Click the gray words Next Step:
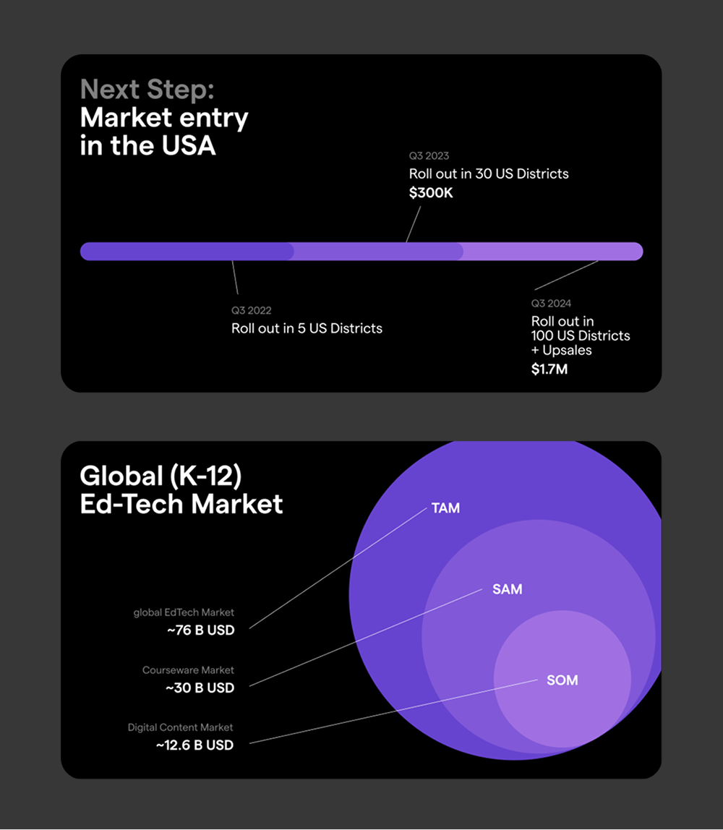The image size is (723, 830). [x=147, y=89]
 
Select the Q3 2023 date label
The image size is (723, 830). [x=429, y=155]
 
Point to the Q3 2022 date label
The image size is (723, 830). [x=251, y=310]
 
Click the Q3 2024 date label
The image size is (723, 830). [x=551, y=303]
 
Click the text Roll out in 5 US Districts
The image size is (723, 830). [x=307, y=328]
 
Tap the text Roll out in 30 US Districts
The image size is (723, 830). [x=489, y=174]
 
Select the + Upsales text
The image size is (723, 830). [x=562, y=350]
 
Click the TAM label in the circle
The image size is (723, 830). [x=445, y=508]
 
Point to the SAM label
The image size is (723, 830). [x=507, y=589]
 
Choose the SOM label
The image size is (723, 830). [x=562, y=680]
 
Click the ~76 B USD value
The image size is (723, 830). [x=201, y=630]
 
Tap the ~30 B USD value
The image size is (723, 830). [x=200, y=688]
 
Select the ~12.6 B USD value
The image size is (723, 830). [x=194, y=745]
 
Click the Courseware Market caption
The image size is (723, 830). [x=188, y=670]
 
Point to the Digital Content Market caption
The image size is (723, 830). [x=181, y=727]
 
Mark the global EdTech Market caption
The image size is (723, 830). [x=184, y=613]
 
